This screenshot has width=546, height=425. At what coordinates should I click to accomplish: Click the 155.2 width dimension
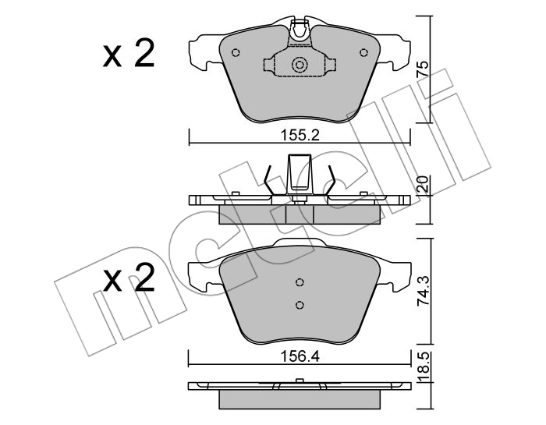click(x=300, y=135)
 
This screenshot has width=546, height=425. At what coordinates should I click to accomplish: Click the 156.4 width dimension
click(x=300, y=356)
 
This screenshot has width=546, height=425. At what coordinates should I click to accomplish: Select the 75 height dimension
click(x=422, y=69)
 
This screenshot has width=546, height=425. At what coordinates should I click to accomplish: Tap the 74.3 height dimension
click(x=422, y=292)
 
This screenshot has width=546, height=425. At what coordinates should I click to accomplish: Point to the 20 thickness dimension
click(x=422, y=184)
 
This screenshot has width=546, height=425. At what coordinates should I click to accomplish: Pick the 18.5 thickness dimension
click(x=422, y=367)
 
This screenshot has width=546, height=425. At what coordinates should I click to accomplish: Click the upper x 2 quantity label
click(x=129, y=55)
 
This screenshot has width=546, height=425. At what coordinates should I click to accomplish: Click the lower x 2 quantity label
click(x=129, y=278)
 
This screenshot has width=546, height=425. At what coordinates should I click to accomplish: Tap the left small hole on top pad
click(x=236, y=52)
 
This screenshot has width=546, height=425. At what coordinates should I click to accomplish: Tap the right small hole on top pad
click(x=364, y=52)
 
